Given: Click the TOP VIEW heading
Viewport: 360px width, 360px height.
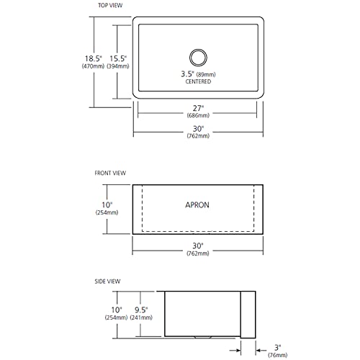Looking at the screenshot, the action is [110, 5].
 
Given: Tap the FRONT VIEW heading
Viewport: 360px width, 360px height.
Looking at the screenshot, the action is [110, 173].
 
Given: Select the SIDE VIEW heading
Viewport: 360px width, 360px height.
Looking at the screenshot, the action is [107, 282].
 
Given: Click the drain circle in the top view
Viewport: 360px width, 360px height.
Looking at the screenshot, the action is [198, 50].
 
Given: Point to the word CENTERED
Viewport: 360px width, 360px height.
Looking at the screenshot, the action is [198, 81].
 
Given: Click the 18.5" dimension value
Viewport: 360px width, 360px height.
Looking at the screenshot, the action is [93, 58].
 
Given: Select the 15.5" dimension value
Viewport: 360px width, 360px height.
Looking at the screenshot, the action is [118, 58].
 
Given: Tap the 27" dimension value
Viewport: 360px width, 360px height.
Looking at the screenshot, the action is [198, 108].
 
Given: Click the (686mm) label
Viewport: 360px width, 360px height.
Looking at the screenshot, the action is [198, 115].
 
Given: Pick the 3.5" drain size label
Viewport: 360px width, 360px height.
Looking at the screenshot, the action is [188, 74].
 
